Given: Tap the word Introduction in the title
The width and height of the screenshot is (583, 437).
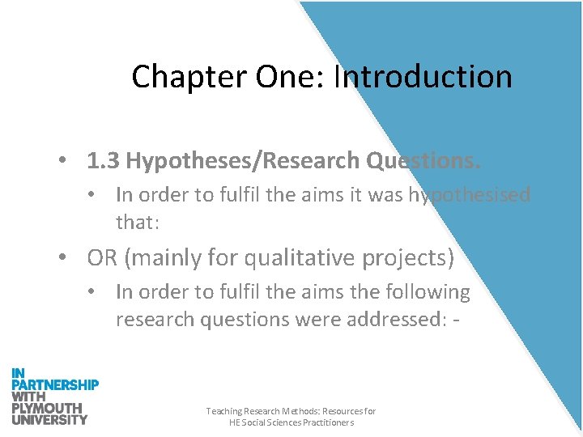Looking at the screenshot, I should [423, 77].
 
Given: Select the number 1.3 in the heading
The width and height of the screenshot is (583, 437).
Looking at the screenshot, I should [103, 161].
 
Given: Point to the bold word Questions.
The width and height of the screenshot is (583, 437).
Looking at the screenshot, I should [423, 161].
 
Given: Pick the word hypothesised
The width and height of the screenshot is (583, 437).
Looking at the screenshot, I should [470, 195].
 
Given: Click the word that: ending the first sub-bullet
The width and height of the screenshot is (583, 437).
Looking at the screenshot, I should [137, 222].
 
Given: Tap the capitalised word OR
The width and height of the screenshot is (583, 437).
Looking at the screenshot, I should [103, 258].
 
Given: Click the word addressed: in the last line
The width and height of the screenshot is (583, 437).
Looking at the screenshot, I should [392, 319].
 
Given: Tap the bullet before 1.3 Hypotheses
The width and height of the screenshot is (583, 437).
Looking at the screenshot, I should [62, 161].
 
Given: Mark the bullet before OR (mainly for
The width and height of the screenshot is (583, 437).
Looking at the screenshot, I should [62, 258].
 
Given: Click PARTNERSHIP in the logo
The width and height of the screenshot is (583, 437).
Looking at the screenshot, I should [55, 384].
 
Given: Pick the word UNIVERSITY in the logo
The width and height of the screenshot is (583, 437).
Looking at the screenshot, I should [49, 419].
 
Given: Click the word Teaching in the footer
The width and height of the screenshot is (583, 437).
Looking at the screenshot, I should [223, 412].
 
